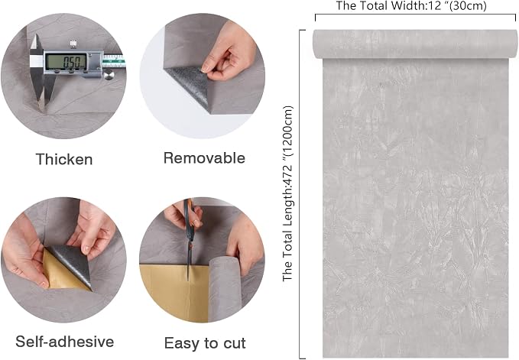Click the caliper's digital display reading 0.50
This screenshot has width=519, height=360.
click(66, 62)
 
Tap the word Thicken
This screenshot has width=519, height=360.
click(64, 159)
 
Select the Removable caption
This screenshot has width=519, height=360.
click(204, 157)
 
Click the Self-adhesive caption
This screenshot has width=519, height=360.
click(64, 342)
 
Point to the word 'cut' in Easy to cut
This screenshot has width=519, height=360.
click(235, 343)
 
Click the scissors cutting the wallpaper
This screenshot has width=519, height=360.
click(190, 235)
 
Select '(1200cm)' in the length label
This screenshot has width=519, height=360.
click(288, 131)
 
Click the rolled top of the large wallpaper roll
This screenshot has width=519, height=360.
click(415, 44)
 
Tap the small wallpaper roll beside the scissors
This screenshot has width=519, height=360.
click(225, 288)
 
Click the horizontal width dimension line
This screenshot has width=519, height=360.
click(415, 15)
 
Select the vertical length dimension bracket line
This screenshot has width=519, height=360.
click(300, 194)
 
